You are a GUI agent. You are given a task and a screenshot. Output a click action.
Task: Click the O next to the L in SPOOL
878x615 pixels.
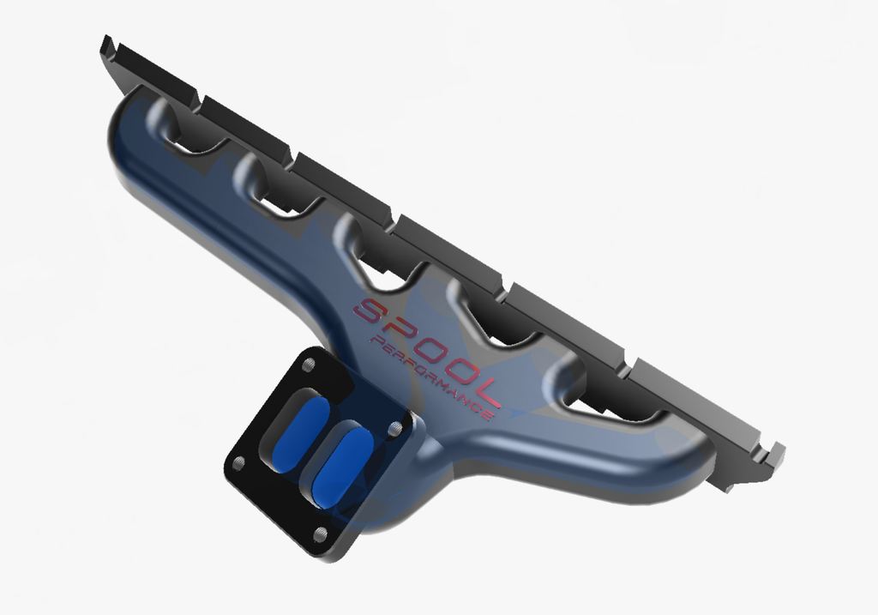coord(459,371)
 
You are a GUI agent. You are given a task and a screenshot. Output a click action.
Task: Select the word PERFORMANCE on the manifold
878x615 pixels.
coord(431,378)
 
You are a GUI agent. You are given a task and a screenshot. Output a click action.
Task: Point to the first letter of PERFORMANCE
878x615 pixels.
coord(377,341)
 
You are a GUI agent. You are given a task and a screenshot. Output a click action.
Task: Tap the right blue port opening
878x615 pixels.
coord(343,468)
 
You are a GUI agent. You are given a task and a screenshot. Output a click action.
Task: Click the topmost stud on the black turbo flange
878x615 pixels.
coord(308,365)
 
